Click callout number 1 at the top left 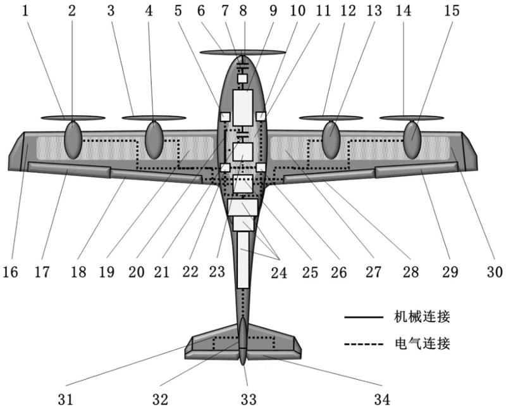click(x=25, y=11)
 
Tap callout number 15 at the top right click(x=452, y=11)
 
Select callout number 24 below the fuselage click(x=279, y=273)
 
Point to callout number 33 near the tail click(x=249, y=400)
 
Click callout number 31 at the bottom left click(x=66, y=400)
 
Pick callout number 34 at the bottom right click(x=382, y=400)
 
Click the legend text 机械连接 click(x=422, y=317)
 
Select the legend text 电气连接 click(x=422, y=343)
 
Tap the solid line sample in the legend click(x=364, y=317)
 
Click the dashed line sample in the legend click(x=364, y=344)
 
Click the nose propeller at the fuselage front click(x=243, y=53)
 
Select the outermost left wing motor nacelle click(x=73, y=140)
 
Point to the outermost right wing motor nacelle click(x=412, y=140)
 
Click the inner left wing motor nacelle click(x=154, y=140)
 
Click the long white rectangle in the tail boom click(x=243, y=260)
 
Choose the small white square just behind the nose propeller click(x=242, y=79)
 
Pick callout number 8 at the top click(x=243, y=11)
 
